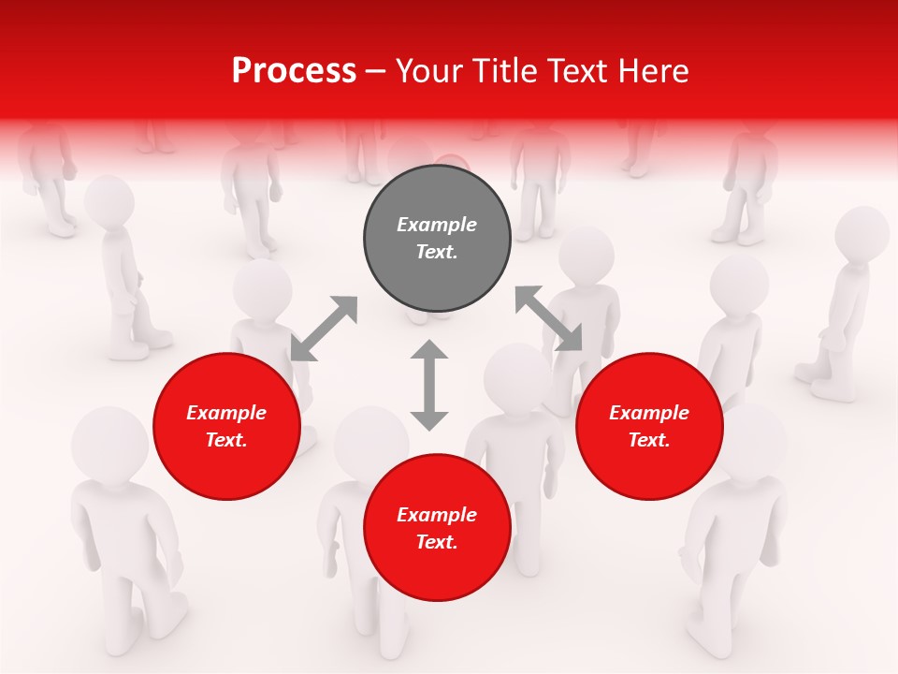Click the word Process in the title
(x=294, y=71)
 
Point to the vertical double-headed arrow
(x=429, y=386)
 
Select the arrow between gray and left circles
(x=324, y=329)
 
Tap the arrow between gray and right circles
(x=548, y=319)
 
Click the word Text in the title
(x=572, y=71)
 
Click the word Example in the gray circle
(x=437, y=225)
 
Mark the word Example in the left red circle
(x=226, y=413)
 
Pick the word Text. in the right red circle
(x=649, y=440)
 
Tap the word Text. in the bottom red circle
(x=437, y=542)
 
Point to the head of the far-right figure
(x=862, y=233)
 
